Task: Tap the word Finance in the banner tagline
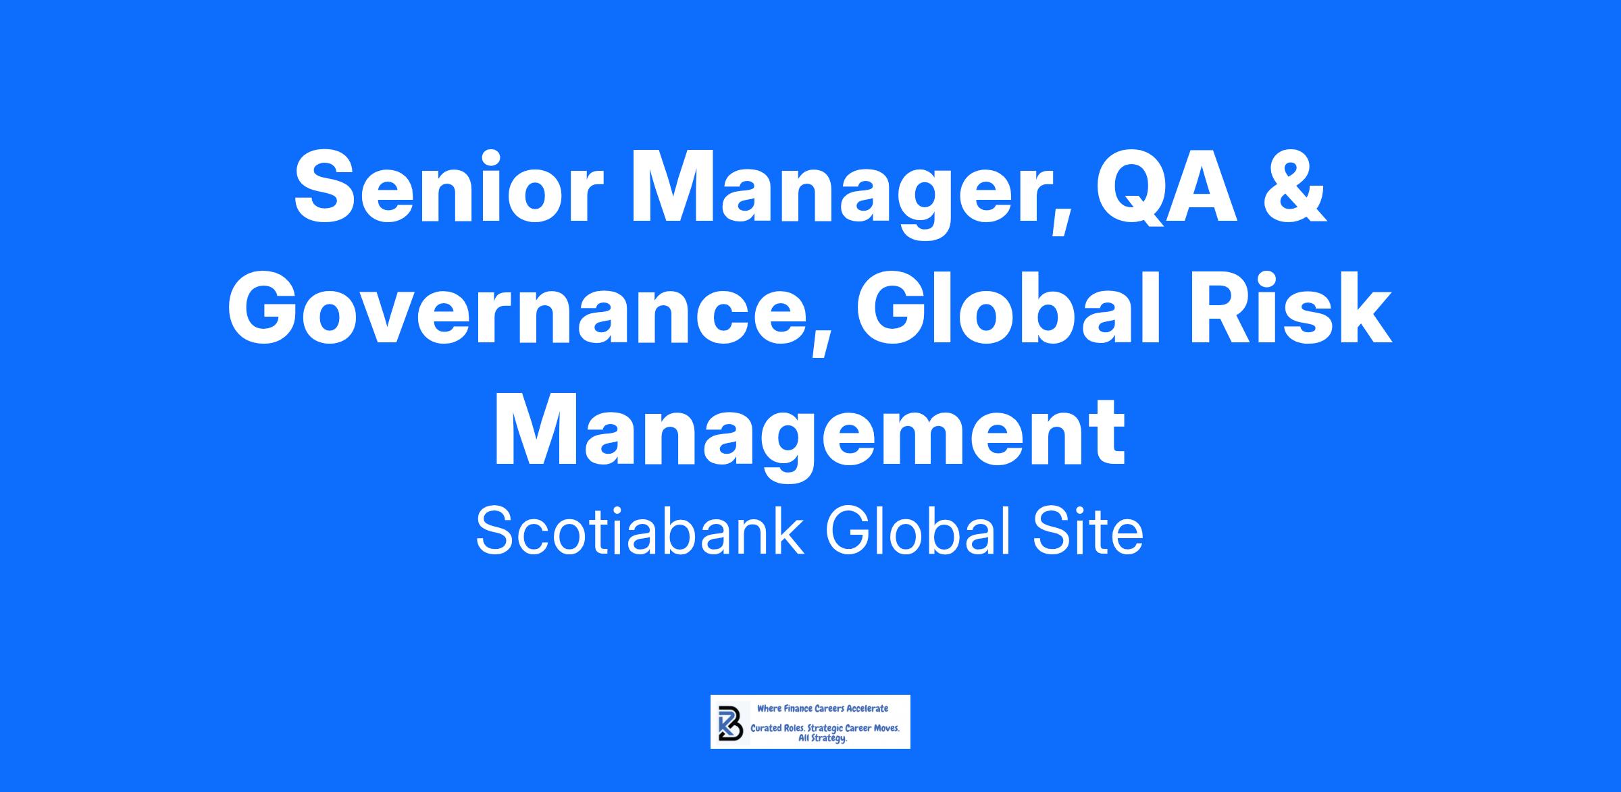[797, 708]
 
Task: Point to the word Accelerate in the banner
[868, 708]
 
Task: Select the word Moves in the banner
[885, 729]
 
